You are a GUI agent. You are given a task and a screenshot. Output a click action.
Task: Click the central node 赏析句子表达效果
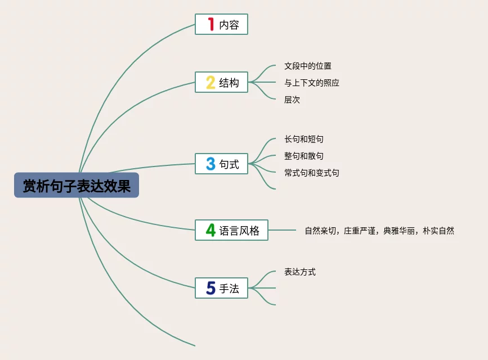(77, 185)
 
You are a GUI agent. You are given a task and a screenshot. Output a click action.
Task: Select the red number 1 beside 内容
(211, 24)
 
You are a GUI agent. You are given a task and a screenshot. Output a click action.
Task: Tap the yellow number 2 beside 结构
(211, 83)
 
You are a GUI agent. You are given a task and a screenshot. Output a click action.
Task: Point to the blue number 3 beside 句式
(211, 164)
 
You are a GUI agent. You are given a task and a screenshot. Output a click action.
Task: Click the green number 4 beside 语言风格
(211, 230)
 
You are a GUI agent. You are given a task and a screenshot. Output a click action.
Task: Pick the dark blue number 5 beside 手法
(211, 289)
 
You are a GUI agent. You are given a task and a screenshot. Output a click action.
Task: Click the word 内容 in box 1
(229, 25)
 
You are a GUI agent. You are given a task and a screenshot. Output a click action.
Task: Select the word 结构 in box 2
(229, 83)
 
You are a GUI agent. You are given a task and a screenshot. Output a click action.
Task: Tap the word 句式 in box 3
(229, 165)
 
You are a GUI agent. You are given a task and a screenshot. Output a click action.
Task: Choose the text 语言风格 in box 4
(239, 231)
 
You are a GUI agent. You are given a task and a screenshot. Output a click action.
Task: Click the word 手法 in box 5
(229, 289)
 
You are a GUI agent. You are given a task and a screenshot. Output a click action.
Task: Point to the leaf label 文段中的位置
(308, 66)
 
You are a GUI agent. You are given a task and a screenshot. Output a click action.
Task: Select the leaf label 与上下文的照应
(312, 83)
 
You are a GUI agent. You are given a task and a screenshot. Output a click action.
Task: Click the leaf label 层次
(292, 100)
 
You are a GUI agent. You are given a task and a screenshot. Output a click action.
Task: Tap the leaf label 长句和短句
(304, 139)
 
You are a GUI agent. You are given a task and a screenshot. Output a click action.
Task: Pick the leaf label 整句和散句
(304, 156)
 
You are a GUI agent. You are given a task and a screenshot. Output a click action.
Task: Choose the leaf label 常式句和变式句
(312, 173)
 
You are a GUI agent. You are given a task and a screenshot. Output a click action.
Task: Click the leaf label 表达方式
(300, 272)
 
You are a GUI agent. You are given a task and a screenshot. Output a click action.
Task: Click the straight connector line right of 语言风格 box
(282, 230)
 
